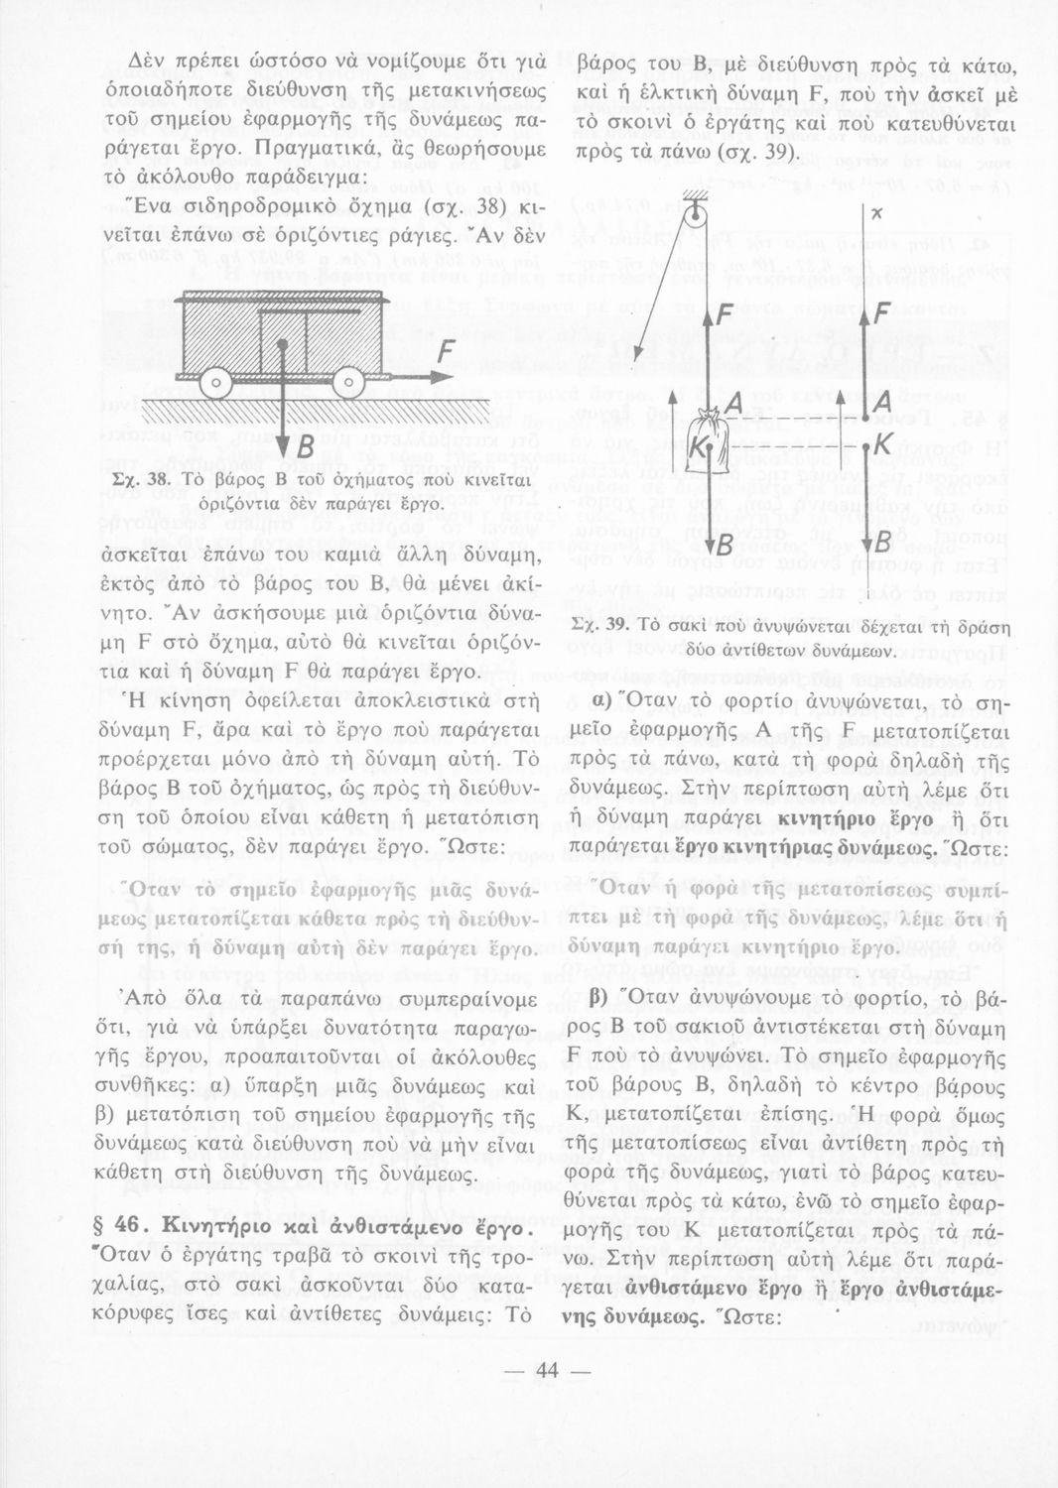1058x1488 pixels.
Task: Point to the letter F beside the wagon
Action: tap(448, 354)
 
